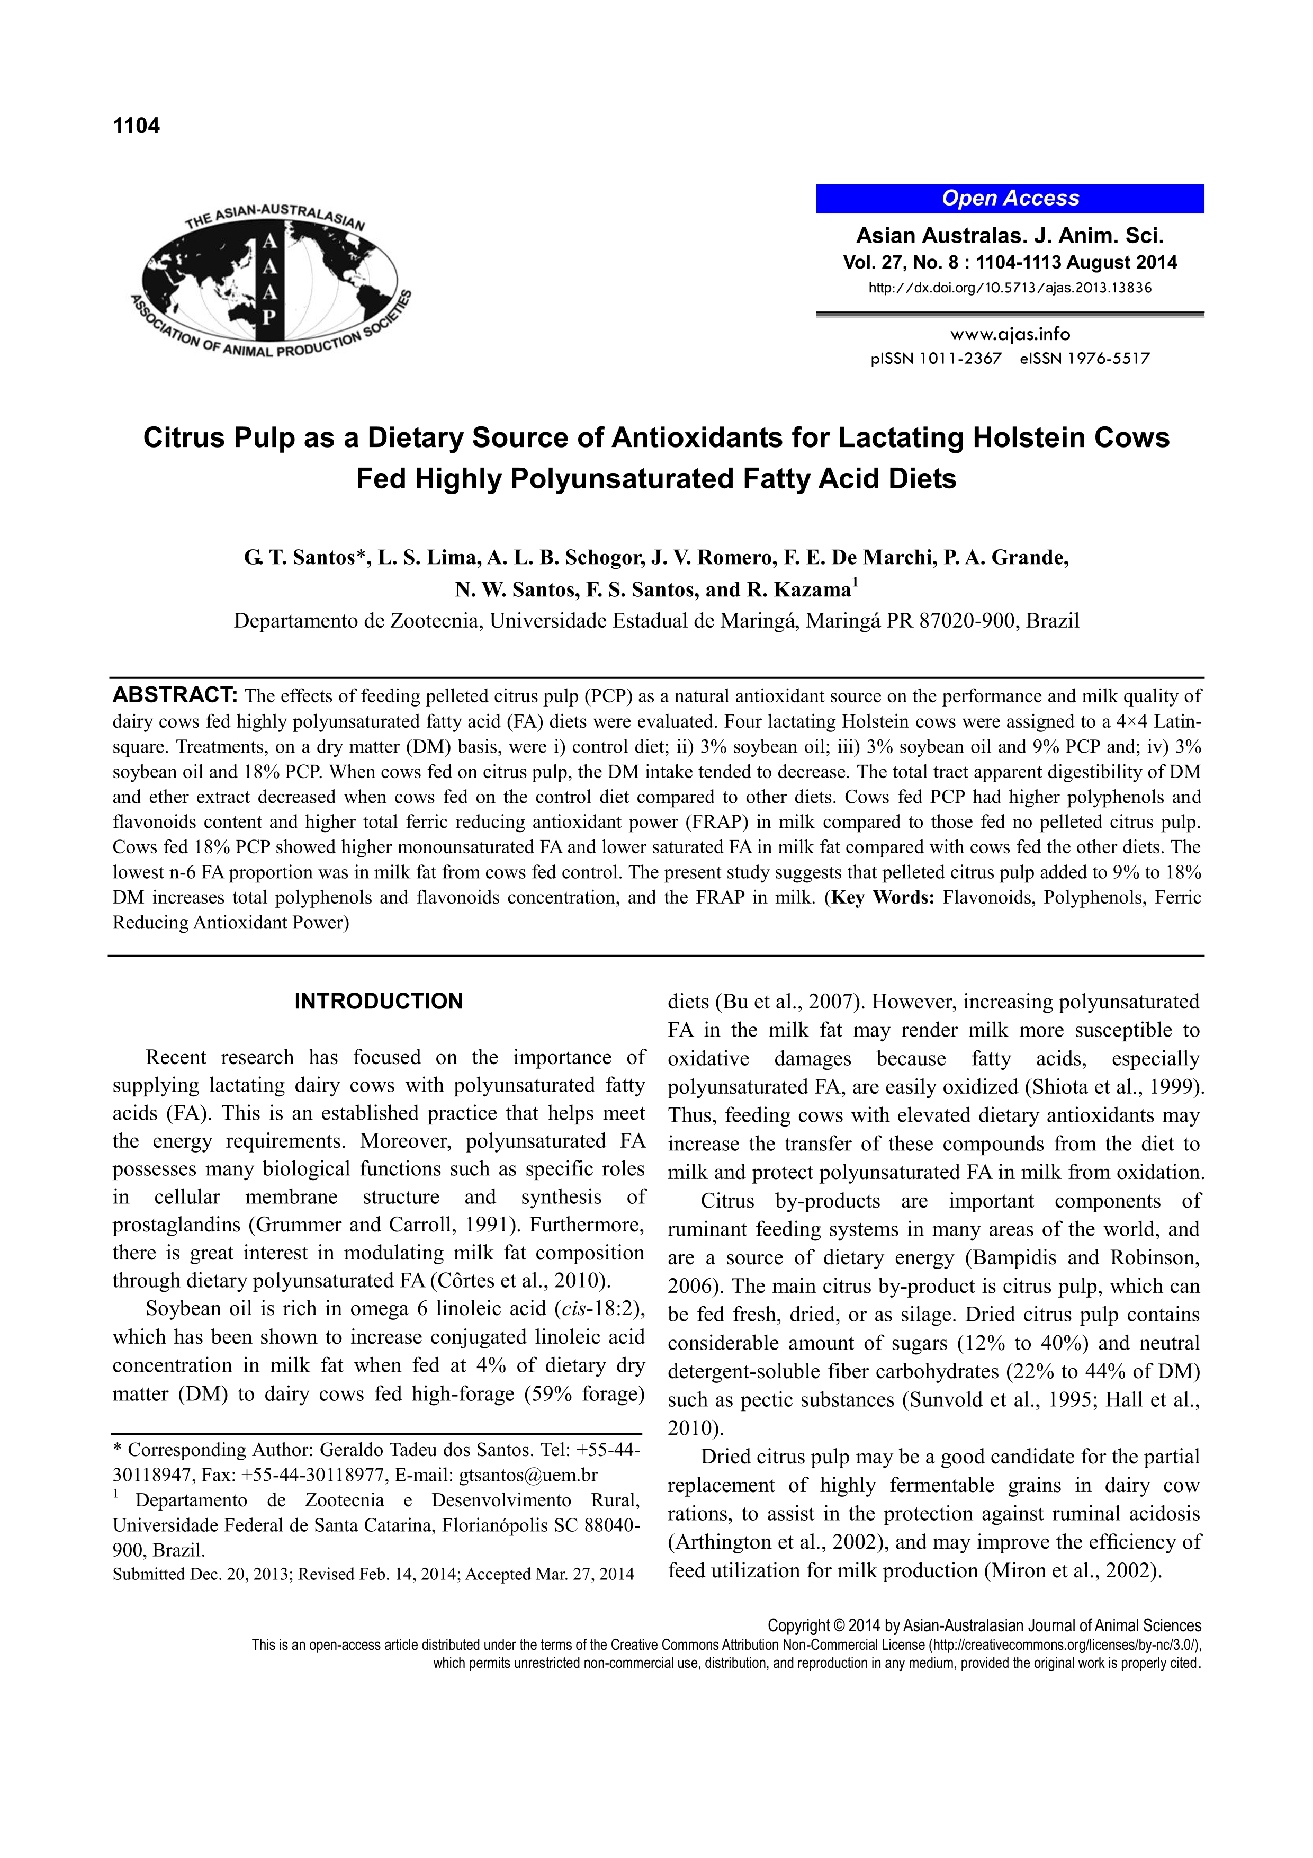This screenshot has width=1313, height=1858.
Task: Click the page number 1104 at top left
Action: point(137,126)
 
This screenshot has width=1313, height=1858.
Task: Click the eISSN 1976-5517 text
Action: point(1084,359)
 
